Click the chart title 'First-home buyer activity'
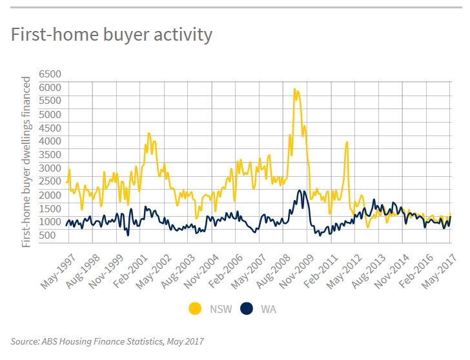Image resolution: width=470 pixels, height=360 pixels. coord(112,35)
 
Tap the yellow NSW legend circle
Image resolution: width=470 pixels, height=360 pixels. coord(195,309)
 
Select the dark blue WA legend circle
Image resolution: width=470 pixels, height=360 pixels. coord(247,309)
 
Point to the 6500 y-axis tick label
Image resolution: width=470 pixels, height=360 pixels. coord(50,74)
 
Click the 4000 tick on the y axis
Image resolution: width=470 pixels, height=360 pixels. coord(50,141)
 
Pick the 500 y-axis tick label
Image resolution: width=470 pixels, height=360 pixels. coord(47,235)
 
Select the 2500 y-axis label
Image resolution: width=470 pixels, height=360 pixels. coord(50,181)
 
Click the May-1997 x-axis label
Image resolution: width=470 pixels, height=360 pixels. coord(59,272)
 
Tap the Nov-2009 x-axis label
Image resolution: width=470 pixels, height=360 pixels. coord(297,272)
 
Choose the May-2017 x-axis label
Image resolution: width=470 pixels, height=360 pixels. coord(440,272)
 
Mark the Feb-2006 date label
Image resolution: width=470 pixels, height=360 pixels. coord(225,272)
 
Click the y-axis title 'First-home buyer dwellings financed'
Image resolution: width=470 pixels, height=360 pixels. coord(26,162)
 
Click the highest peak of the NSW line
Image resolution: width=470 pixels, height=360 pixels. coord(294,89)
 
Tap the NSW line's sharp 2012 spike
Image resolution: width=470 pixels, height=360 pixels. coord(347,143)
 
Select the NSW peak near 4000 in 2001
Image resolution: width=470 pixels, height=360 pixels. coord(149,134)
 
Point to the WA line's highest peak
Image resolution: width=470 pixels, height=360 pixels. coord(300,190)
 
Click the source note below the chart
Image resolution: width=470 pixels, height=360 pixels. coord(107,341)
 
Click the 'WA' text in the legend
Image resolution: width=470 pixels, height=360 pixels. coord(269,309)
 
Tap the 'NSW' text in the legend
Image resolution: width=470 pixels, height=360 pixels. coord(221,309)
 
